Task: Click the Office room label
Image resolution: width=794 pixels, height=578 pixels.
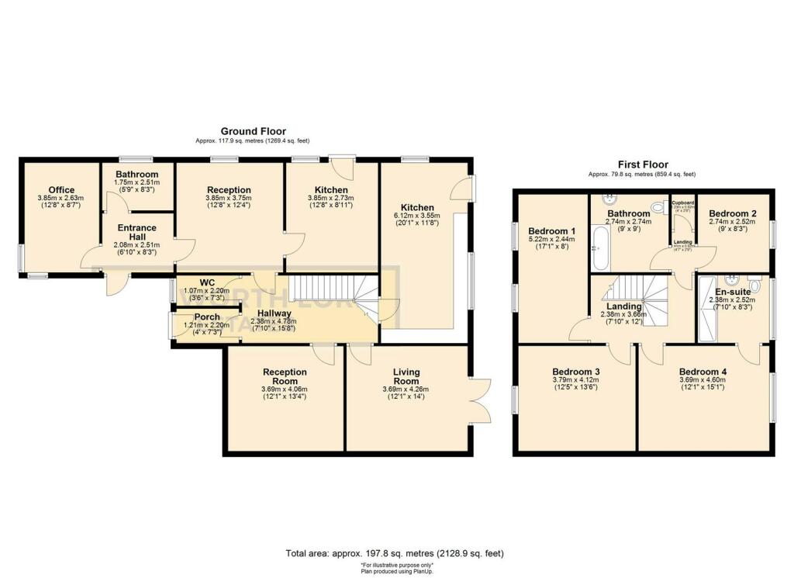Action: point(61,190)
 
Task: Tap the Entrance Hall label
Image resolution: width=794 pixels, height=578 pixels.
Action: point(136,233)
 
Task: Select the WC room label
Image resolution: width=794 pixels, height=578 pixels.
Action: point(207,282)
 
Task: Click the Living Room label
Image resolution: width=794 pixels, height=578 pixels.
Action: point(406,376)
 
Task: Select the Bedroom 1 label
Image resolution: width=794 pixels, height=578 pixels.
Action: point(551,231)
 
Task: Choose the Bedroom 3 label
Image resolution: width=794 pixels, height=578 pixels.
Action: point(575,372)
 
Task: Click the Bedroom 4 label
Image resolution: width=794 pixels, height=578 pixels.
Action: point(704,372)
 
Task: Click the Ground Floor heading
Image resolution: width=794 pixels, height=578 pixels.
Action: point(253,132)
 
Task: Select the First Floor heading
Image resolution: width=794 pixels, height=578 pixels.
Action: point(642,164)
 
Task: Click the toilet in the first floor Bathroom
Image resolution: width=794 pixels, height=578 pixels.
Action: point(659,208)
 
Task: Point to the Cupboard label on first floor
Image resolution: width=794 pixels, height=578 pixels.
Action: point(682,202)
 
